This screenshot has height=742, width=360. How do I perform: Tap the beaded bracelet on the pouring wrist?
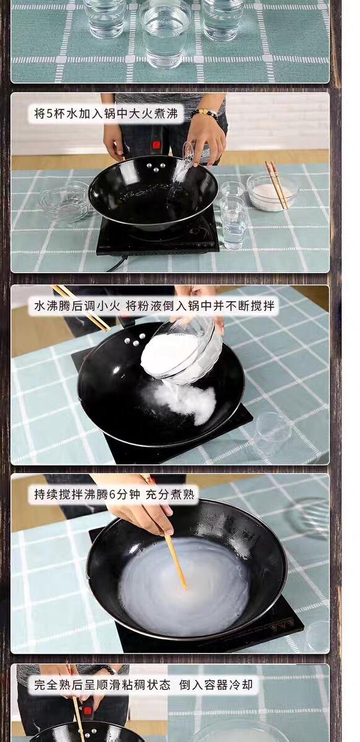204,114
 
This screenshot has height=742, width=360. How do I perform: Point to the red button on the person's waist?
156,145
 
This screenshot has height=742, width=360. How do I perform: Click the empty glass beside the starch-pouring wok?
273,433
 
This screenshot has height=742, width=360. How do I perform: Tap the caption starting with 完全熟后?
144,684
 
